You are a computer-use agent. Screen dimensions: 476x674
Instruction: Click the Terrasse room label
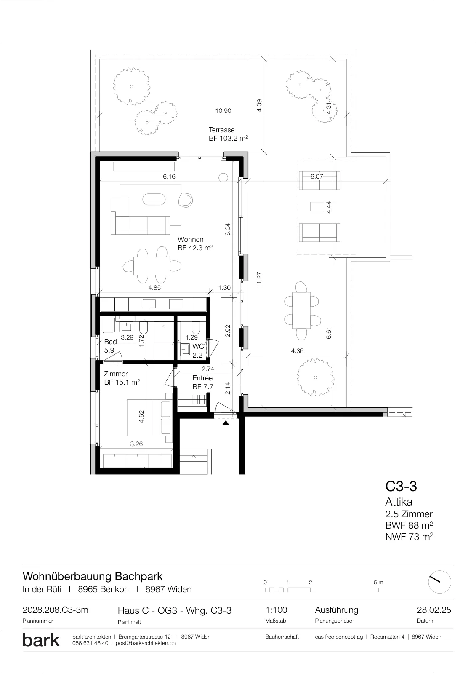click(222, 130)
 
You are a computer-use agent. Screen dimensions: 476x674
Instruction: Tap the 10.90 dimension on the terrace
click(223, 111)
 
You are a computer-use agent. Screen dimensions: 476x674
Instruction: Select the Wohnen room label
click(191, 240)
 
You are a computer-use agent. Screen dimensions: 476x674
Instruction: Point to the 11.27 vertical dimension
click(259, 280)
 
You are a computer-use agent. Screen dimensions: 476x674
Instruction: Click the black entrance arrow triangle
click(226, 423)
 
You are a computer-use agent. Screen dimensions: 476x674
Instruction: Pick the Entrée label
click(202, 378)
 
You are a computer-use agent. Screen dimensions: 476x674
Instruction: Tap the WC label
click(198, 346)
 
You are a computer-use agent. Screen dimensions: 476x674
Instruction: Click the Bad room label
click(110, 342)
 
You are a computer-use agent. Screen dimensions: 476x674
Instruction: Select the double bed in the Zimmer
click(149, 417)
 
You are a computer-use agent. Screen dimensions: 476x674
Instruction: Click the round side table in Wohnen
click(223, 178)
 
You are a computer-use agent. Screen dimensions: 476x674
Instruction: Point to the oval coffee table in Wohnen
click(154, 200)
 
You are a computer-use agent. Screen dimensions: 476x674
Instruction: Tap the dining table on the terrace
click(301, 310)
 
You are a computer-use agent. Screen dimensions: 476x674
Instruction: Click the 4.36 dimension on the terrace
click(297, 351)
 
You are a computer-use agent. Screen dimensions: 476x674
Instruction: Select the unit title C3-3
click(401, 486)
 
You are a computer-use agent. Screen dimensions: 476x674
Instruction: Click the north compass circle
click(440, 582)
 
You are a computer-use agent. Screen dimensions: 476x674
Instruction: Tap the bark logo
click(41, 640)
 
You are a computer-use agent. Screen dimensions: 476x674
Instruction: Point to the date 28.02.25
click(434, 610)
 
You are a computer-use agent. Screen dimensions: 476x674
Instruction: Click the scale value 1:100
click(276, 610)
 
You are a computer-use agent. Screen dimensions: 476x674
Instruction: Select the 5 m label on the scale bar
click(378, 582)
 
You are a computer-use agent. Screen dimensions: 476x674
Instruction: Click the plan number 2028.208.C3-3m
click(55, 610)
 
